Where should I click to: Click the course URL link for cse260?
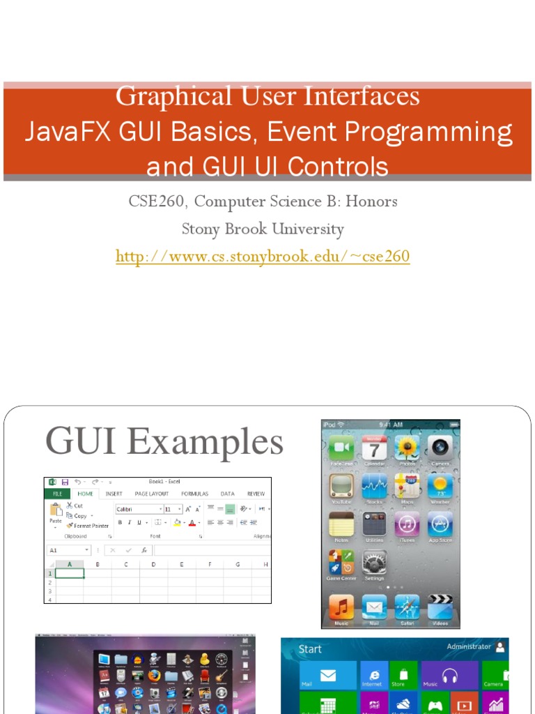263,257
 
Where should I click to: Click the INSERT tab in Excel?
114,494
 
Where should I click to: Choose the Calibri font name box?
137,509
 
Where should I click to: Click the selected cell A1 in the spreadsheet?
70,573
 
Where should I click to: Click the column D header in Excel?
153,563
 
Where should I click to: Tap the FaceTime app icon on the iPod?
341,448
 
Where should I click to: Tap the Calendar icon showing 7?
374,448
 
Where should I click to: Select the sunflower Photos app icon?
407,448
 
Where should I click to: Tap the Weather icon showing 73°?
440,486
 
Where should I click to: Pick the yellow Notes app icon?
341,524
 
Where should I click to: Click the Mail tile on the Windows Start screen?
327,676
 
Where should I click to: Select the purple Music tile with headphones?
449,675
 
